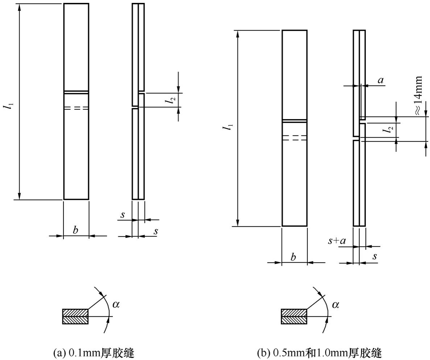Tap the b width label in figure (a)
75,230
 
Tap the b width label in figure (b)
293,257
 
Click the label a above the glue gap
380,80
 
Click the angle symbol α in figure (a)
116,304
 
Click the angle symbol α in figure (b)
335,304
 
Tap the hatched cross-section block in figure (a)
75,316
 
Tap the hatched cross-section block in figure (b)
294,316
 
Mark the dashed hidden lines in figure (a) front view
76,108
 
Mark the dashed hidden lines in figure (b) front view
294,138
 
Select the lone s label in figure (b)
375,256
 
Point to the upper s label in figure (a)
123,215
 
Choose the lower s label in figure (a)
156,231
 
